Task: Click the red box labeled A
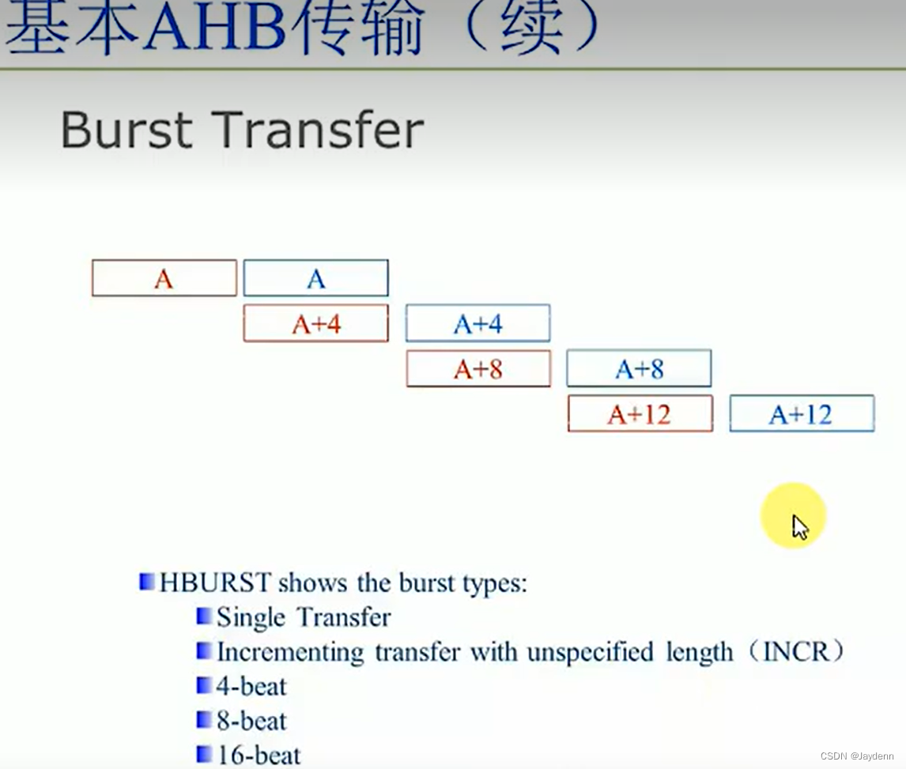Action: pos(164,278)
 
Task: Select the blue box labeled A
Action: pos(315,278)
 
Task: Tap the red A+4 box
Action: pos(315,323)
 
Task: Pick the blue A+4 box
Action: pos(478,323)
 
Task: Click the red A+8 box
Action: pos(478,369)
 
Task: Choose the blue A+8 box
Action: pos(639,369)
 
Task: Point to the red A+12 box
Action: pos(640,414)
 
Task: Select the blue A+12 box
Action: pos(801,414)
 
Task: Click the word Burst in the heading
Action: pos(126,131)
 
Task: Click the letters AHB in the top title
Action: pos(213,30)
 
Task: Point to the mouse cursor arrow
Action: pos(799,526)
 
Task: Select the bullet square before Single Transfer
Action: pos(204,616)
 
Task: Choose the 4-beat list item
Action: pos(251,686)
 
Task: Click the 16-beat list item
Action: pos(259,755)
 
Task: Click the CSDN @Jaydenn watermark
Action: pos(857,756)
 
